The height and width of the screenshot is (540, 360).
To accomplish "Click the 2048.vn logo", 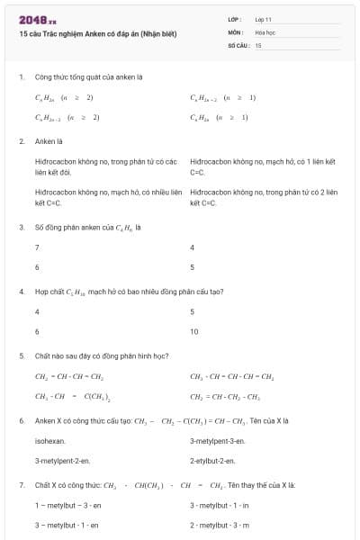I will [38, 19].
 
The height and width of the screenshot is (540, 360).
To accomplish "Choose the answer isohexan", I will [49, 441].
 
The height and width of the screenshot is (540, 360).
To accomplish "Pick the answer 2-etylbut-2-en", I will [212, 461].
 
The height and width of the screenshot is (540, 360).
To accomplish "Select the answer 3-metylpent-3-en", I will [217, 441].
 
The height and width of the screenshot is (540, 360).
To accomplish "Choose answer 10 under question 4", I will [193, 331].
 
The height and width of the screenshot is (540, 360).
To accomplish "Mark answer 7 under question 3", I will [37, 247].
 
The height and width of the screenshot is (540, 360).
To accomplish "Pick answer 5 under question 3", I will [193, 267].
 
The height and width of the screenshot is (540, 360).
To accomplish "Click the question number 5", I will [22, 355].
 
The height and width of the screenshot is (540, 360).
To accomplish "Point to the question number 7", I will [22, 485].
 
